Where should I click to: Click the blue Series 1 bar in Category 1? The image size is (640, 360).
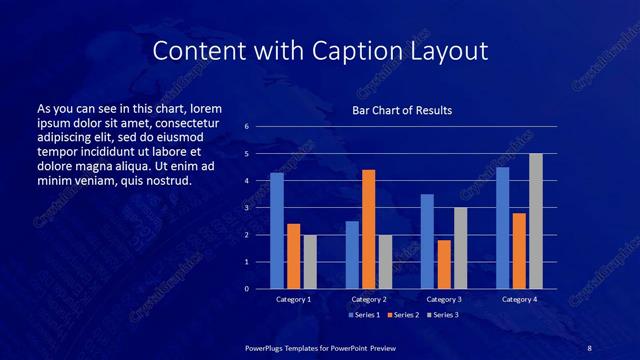(x=277, y=231)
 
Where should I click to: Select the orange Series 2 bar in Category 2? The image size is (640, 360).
(x=369, y=229)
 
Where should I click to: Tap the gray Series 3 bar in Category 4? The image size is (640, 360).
(x=536, y=221)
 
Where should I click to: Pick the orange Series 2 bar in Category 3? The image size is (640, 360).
(x=444, y=264)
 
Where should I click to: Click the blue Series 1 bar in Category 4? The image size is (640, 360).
(x=503, y=228)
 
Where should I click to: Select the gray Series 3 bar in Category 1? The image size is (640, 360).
(x=310, y=262)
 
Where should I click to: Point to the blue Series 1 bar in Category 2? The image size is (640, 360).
(x=352, y=255)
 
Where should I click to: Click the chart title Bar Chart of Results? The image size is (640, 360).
(x=402, y=110)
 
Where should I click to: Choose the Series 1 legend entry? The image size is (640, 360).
(x=361, y=315)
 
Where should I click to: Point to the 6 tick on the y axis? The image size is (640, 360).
(x=246, y=127)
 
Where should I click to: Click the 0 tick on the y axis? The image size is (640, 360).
(x=246, y=289)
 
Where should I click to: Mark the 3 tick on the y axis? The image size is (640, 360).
(x=246, y=208)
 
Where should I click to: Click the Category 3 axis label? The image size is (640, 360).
(x=444, y=299)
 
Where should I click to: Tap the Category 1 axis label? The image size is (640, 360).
(x=293, y=299)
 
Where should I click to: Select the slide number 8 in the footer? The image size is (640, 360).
(x=589, y=347)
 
